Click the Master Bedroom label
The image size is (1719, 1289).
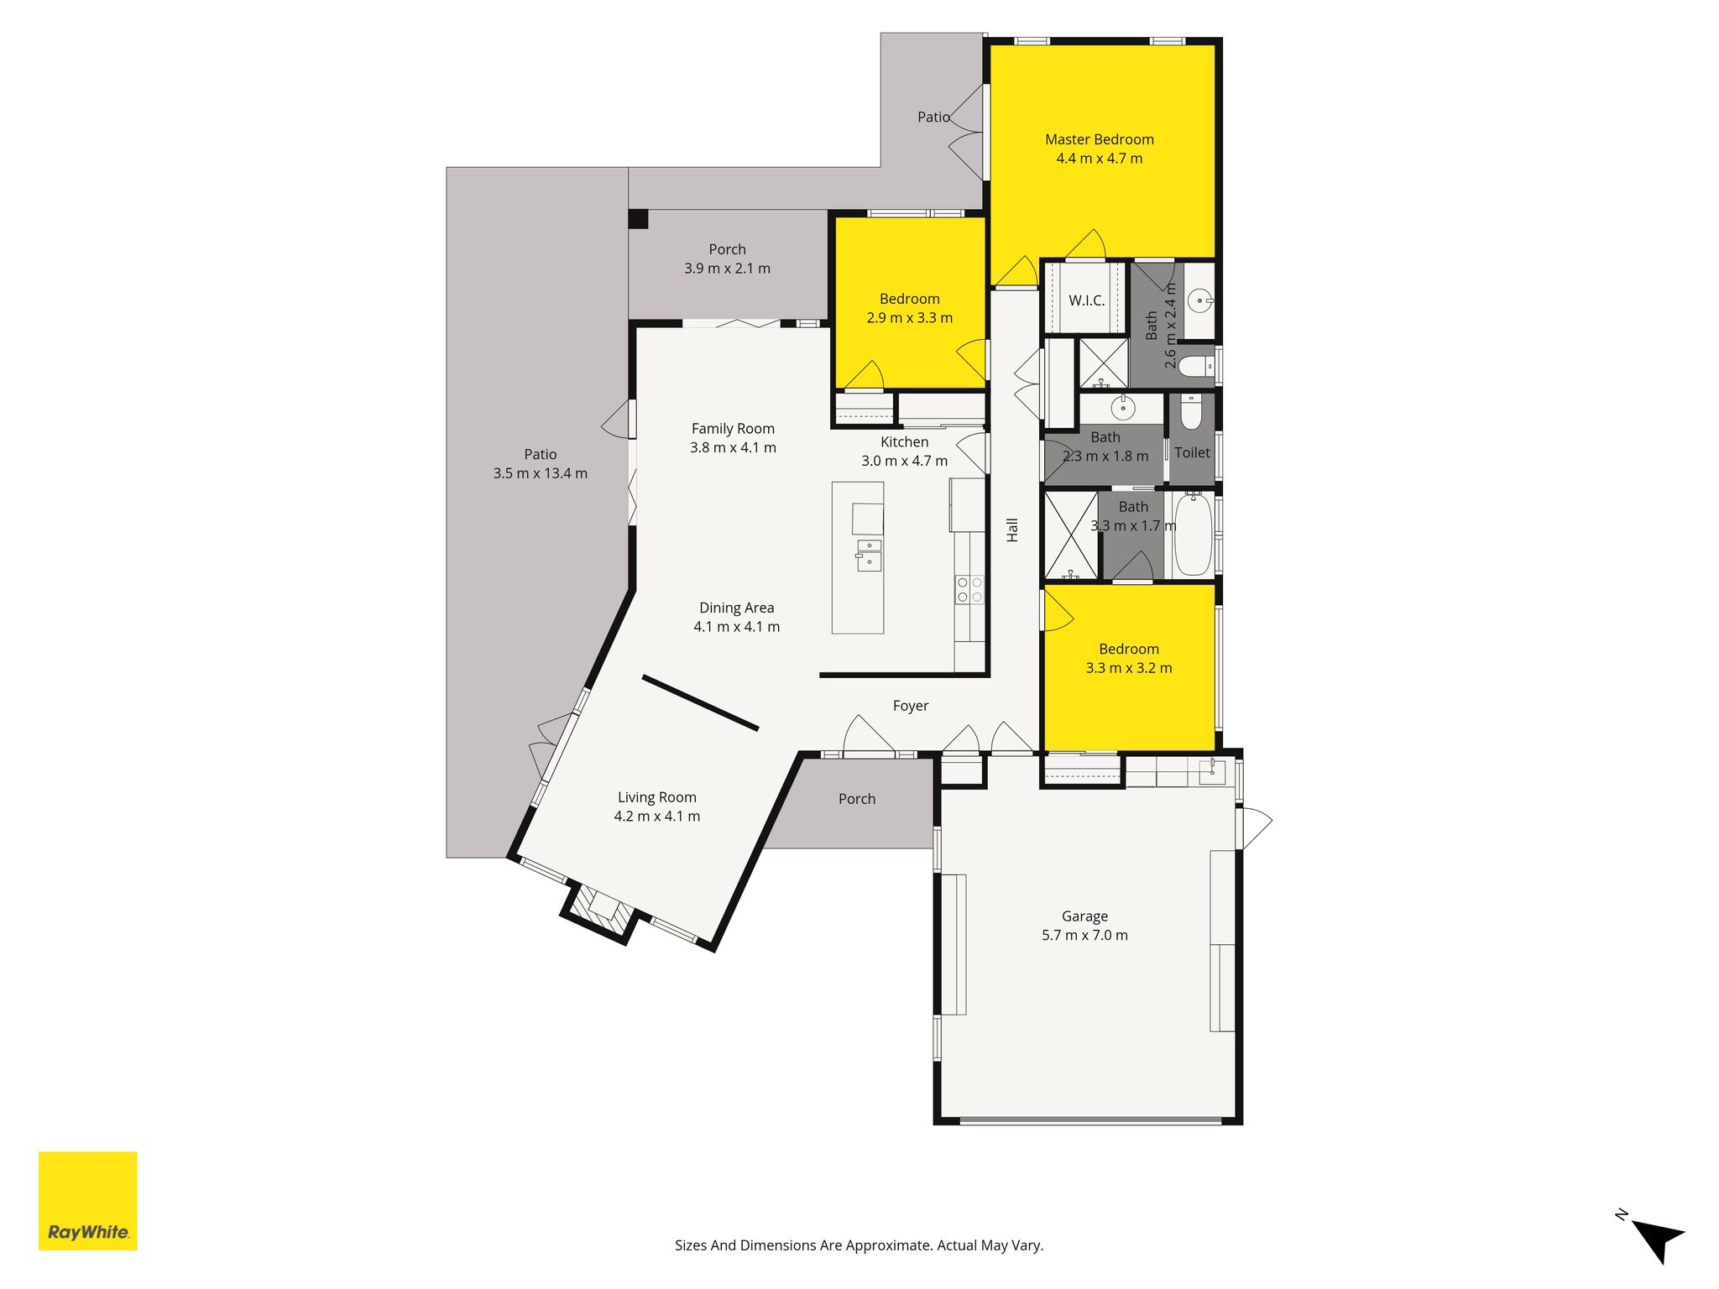1099,139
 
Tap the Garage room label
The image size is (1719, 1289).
1084,916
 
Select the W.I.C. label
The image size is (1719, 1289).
1086,300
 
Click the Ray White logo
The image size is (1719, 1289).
88,1201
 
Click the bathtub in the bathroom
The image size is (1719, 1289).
1192,535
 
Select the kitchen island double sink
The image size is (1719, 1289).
869,556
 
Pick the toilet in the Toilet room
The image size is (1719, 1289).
1192,411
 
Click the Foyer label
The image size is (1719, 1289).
911,706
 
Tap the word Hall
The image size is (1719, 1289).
1012,530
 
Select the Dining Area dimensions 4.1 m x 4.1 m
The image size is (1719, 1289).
737,627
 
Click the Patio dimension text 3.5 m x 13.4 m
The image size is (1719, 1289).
541,473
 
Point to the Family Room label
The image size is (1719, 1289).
733,429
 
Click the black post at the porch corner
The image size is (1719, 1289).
639,219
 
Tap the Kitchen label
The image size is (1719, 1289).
905,442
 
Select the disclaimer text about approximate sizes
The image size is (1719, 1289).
859,1245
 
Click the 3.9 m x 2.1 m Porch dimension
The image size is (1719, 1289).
727,269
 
